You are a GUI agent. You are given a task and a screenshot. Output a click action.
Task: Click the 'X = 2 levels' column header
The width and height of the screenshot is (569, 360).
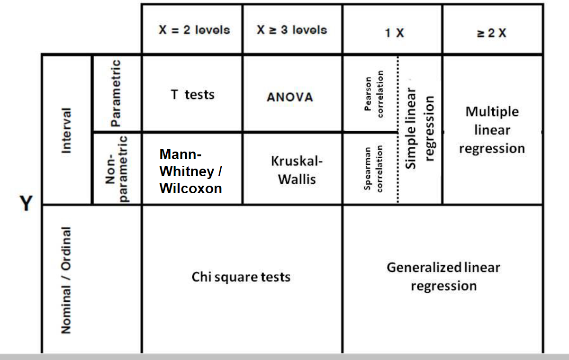point(194,30)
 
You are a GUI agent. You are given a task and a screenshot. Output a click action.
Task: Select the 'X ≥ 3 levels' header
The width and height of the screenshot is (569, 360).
point(292,30)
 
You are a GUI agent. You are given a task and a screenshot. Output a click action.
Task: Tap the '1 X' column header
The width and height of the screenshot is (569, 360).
point(394,33)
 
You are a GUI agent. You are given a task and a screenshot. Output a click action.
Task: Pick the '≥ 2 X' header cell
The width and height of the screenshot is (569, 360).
point(492,33)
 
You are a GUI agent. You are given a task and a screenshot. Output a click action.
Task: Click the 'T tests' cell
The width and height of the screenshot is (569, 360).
point(192,95)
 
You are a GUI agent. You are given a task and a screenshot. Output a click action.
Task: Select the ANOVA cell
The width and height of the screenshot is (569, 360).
point(290,97)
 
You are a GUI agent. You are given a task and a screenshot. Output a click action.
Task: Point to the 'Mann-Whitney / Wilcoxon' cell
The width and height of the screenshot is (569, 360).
point(191,171)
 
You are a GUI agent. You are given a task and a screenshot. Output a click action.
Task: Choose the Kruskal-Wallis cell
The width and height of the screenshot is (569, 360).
point(297,170)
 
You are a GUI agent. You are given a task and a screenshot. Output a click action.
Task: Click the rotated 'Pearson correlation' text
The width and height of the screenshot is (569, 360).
point(374,94)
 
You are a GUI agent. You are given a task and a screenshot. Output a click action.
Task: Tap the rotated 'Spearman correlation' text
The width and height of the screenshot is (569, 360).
point(373,168)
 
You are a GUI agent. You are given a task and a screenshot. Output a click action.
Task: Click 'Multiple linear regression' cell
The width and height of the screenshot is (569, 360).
point(492,130)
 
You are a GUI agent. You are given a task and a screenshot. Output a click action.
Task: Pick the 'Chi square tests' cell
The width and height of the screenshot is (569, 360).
point(241,277)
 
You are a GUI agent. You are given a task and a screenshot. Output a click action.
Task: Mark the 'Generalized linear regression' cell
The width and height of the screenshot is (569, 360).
point(443,277)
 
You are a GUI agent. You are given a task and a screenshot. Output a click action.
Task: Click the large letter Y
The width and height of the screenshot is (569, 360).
point(27,204)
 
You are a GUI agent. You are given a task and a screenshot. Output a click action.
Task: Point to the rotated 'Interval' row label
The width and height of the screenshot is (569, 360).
point(67,130)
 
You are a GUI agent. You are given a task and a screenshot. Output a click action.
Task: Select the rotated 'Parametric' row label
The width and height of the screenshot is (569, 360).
point(116,93)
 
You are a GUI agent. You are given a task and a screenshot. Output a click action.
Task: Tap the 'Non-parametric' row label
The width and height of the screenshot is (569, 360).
point(116,169)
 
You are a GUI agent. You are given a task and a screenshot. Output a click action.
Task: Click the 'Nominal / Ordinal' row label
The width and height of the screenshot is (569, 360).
point(67,279)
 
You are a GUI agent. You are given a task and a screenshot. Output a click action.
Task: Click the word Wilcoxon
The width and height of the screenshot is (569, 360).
point(191,188)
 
